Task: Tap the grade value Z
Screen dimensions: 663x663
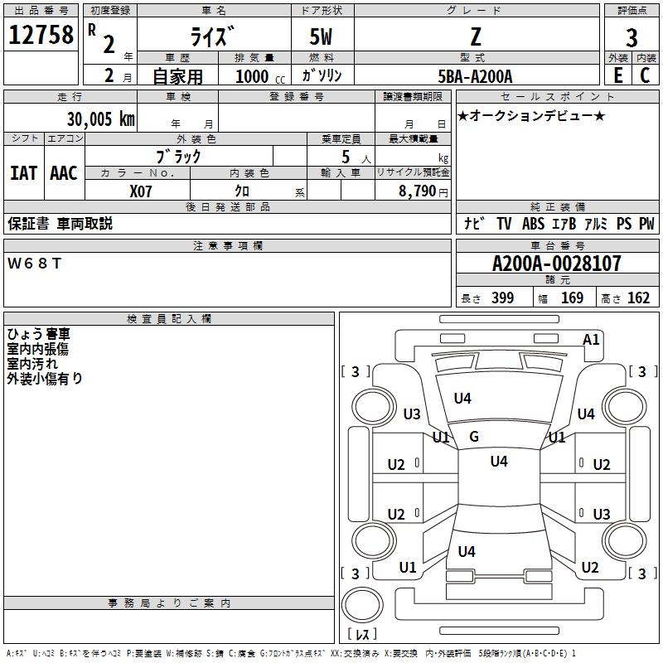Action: point(474,36)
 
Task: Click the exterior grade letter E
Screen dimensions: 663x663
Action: point(618,75)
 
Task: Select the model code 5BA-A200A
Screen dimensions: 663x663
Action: point(475,76)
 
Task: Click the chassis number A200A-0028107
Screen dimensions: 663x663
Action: point(556,264)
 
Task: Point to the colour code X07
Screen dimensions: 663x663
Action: point(141,190)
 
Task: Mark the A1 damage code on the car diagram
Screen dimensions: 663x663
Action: point(591,339)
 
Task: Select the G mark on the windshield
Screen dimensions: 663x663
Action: point(474,437)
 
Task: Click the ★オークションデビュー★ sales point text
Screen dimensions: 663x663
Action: point(531,115)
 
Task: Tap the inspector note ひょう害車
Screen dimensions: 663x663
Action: point(38,334)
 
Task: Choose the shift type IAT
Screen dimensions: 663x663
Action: point(23,173)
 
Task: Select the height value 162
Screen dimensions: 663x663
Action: point(638,298)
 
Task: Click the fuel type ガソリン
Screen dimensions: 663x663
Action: point(322,75)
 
